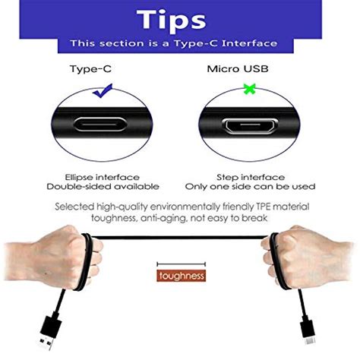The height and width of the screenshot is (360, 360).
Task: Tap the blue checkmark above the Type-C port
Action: (102, 92)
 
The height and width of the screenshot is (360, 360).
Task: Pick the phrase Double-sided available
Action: (103, 186)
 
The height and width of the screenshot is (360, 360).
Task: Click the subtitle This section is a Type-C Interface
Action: (180, 44)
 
